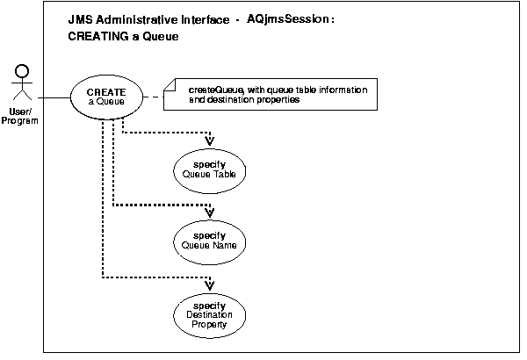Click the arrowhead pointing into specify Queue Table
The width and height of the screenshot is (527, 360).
(x=209, y=140)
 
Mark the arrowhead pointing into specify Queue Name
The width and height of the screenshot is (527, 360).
(x=209, y=212)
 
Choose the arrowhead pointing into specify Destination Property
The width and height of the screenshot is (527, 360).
(x=209, y=284)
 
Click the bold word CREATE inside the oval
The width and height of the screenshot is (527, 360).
(x=105, y=90)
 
